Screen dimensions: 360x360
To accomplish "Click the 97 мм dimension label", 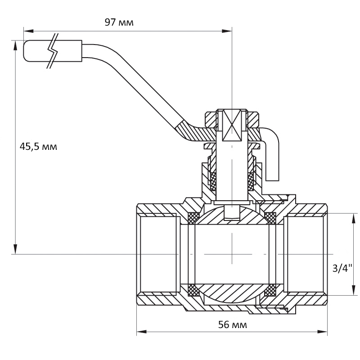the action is click(119, 22).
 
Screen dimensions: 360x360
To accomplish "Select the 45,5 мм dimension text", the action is click(38, 146).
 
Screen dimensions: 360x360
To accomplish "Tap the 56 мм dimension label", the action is click(232, 325).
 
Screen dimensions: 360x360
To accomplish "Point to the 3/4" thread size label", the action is click(342, 268).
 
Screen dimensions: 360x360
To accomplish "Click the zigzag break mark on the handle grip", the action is click(53, 51).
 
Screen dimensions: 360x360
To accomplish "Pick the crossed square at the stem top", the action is click(232, 126).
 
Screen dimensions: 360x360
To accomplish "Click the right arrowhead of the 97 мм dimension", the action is click(226, 31).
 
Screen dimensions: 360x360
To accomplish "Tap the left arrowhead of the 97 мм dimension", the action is click(29, 31).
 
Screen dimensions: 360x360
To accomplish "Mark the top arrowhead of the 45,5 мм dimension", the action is click(15, 46).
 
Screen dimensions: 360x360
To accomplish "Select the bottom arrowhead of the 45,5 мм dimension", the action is click(15, 249).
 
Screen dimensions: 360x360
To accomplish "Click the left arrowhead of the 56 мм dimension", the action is click(142, 332).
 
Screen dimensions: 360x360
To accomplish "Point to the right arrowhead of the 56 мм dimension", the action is click(322, 332).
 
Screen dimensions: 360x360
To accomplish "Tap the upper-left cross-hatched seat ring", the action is click(193, 218).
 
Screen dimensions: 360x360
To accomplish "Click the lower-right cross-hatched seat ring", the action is click(270, 290).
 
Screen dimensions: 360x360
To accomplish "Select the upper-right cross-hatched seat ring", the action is click(270, 218).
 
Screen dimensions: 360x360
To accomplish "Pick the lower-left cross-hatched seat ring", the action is click(193, 290).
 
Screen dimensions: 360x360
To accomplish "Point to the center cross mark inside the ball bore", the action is click(232, 254).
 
